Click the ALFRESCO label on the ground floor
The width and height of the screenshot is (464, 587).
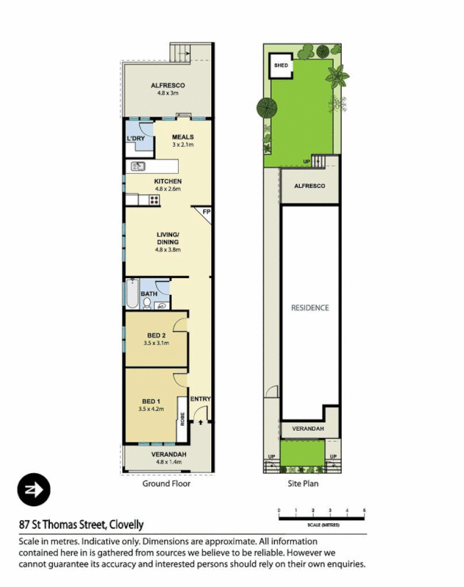(168, 85)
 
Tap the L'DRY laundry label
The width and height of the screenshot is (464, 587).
(135, 139)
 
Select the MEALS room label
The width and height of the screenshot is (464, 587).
(183, 136)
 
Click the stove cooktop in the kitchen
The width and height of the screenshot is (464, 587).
(155, 200)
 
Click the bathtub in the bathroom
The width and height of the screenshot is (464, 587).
(132, 295)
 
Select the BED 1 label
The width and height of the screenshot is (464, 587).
(150, 401)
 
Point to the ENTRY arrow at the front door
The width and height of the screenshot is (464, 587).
(200, 423)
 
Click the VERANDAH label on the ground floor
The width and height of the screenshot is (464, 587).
(168, 454)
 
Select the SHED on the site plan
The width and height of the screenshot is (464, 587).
(281, 65)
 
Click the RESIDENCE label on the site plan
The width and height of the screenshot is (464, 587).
(309, 307)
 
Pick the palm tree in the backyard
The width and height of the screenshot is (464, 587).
(338, 75)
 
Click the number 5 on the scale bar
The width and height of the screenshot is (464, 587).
(364, 510)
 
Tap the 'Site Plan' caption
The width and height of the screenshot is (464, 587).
(302, 484)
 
